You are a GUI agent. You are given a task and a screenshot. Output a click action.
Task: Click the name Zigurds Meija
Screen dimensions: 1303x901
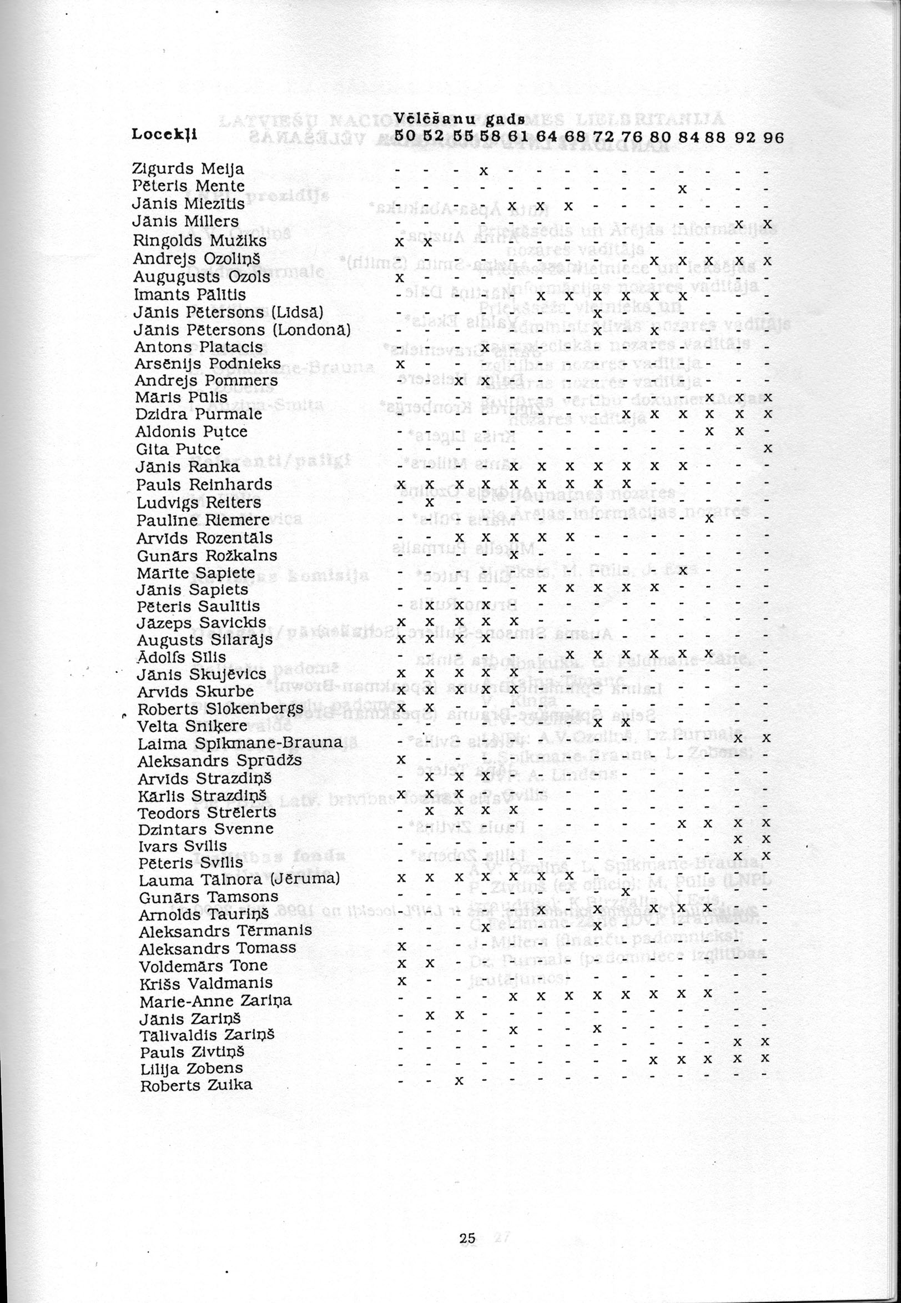pos(188,169)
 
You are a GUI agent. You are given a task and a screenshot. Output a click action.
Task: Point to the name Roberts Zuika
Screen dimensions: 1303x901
pos(196,1085)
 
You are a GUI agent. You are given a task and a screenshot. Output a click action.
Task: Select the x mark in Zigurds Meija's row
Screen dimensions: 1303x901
pos(484,170)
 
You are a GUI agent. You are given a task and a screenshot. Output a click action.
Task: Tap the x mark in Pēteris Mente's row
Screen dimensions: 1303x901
pos(682,188)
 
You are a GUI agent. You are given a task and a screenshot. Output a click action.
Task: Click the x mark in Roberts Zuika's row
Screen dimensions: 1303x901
pos(459,1080)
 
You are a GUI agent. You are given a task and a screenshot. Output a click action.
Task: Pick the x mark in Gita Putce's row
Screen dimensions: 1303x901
pos(767,449)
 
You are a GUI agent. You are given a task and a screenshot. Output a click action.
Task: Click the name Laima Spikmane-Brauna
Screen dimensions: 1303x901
pos(240,743)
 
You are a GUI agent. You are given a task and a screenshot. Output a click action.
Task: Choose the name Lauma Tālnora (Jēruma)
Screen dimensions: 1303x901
pos(239,879)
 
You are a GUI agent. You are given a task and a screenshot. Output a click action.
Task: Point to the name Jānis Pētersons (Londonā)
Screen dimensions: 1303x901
pos(243,329)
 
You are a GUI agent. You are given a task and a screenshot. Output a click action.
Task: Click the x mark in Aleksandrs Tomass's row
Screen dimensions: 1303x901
pos(401,945)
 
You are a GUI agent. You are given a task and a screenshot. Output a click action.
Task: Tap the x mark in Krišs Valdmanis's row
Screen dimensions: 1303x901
pos(401,980)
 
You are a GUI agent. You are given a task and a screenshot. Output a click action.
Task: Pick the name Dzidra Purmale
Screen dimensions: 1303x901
pos(199,414)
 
